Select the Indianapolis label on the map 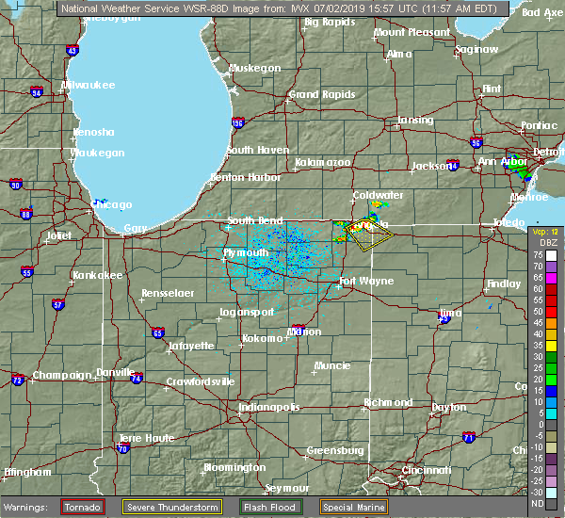click(268, 407)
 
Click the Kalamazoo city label click(322, 162)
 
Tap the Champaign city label click(61, 376)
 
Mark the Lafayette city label click(192, 346)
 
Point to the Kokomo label click(263, 338)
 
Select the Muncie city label click(332, 365)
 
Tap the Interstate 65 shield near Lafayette click(157, 332)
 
